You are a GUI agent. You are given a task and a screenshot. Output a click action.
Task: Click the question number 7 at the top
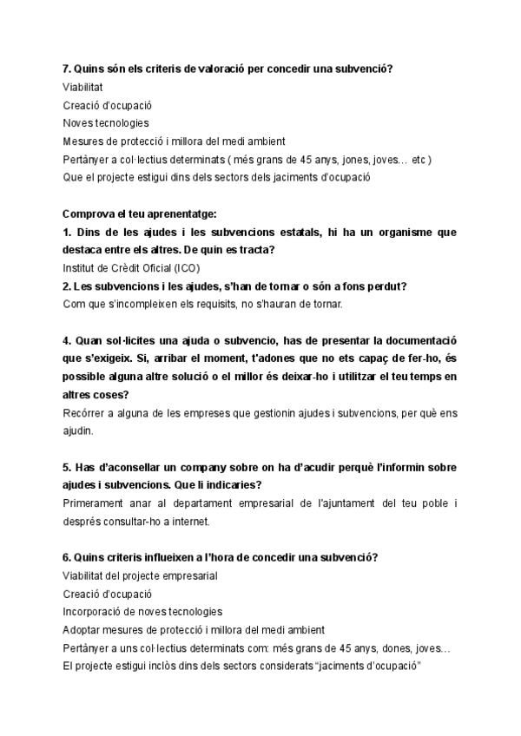point(67,68)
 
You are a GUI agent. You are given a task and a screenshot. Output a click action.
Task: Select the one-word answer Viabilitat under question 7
point(82,87)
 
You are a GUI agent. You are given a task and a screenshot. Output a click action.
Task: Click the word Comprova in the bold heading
point(89,214)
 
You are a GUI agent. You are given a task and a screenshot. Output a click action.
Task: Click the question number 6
point(67,556)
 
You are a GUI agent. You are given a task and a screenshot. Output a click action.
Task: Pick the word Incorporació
point(95,612)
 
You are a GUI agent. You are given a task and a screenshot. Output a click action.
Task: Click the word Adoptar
point(82,630)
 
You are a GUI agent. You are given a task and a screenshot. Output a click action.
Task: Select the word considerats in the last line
point(284,667)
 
